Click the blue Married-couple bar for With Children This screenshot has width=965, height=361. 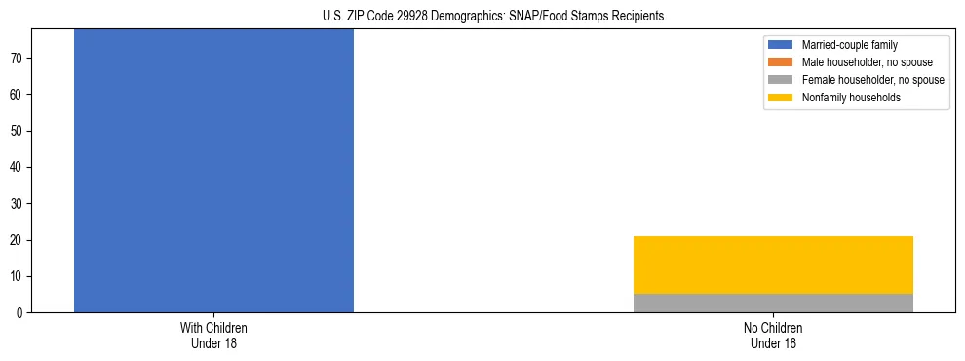point(213,171)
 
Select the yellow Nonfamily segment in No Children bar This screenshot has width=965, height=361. point(773,264)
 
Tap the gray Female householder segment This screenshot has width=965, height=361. point(773,302)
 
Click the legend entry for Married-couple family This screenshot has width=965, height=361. point(849,45)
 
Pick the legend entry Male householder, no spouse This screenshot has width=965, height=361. point(860,62)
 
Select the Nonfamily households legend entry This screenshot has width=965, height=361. point(850,98)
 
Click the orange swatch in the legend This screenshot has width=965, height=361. point(781,62)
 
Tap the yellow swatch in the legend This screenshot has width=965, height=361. point(781,98)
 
